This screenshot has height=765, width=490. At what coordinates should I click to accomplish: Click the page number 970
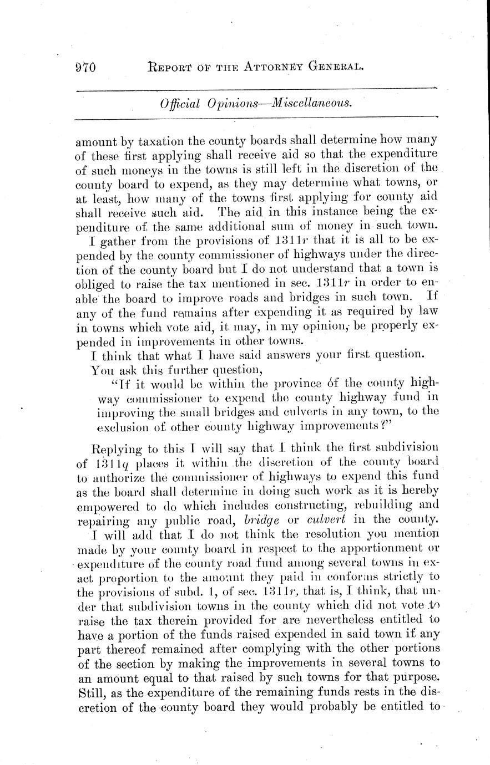point(86,68)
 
